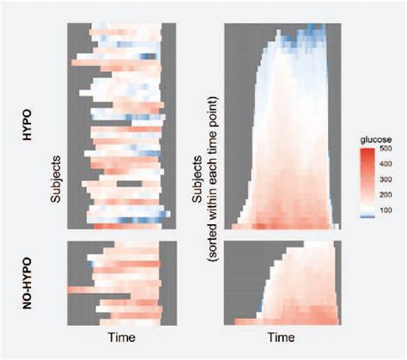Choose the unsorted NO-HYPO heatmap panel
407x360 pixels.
click(121, 284)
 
